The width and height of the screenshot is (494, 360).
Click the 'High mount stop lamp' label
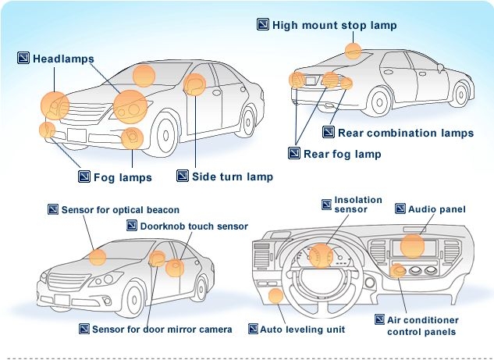point(334,25)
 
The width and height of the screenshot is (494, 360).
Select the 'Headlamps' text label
point(63,59)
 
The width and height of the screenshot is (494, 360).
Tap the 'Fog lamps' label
point(123,177)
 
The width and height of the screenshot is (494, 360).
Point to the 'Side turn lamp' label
point(233,176)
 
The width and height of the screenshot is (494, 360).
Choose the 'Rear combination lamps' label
point(405,133)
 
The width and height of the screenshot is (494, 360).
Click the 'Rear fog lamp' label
point(342,154)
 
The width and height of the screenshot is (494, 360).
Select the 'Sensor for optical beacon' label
point(120,210)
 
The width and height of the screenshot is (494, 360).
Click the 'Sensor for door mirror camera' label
point(162,330)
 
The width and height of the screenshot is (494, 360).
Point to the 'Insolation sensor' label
point(358,205)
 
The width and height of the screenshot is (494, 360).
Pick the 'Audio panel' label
point(437,209)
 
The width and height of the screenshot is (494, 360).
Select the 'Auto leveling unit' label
point(302,330)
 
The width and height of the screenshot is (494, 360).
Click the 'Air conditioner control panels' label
point(422,326)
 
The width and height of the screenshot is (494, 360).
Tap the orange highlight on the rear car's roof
point(354,51)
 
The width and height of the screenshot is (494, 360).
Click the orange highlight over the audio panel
point(412,245)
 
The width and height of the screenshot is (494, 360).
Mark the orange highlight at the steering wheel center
point(320,255)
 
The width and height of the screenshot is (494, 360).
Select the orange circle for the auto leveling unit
point(275,295)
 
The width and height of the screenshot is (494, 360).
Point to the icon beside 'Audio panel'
point(400,209)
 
